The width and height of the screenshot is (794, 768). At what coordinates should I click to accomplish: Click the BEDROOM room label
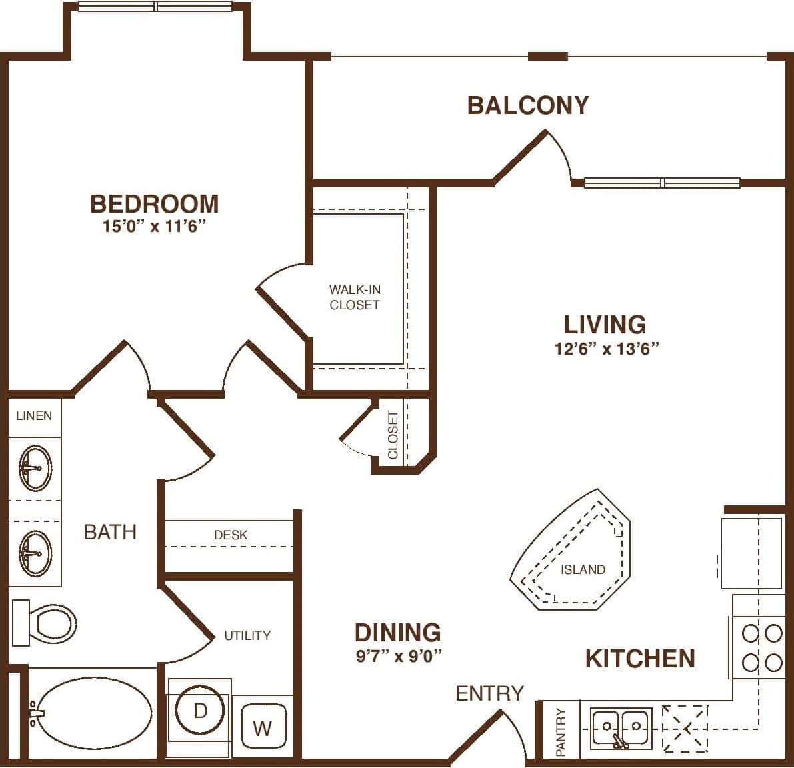[x=155, y=204]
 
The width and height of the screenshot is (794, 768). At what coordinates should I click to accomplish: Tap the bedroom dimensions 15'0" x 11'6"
[x=155, y=226]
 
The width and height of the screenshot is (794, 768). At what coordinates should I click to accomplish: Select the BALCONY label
[x=528, y=105]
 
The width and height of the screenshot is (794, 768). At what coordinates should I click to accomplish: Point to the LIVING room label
[x=605, y=325]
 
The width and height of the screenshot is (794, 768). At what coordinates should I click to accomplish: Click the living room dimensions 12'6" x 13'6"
[x=607, y=348]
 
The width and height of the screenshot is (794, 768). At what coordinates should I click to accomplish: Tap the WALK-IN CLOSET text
[x=355, y=297]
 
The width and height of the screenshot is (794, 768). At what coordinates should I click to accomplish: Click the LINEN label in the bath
[x=34, y=415]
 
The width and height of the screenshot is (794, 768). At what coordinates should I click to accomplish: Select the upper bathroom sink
[x=35, y=468]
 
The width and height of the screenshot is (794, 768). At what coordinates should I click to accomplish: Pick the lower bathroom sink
[x=35, y=553]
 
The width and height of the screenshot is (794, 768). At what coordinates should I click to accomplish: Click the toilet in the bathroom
[x=44, y=623]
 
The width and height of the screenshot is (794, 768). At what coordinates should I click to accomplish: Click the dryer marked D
[x=200, y=710]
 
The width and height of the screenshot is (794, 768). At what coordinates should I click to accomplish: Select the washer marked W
[x=263, y=727]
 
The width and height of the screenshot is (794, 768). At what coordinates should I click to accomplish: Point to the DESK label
[x=231, y=535]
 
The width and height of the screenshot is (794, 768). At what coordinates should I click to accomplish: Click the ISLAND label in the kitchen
[x=583, y=569]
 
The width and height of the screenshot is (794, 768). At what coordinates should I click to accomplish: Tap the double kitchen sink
[x=621, y=729]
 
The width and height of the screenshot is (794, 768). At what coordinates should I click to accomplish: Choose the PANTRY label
[x=561, y=732]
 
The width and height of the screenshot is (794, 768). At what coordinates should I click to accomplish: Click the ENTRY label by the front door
[x=489, y=693]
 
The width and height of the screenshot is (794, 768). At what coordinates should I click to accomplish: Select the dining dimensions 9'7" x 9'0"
[x=399, y=655]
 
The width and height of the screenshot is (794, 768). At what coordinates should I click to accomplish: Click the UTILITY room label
[x=247, y=635]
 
